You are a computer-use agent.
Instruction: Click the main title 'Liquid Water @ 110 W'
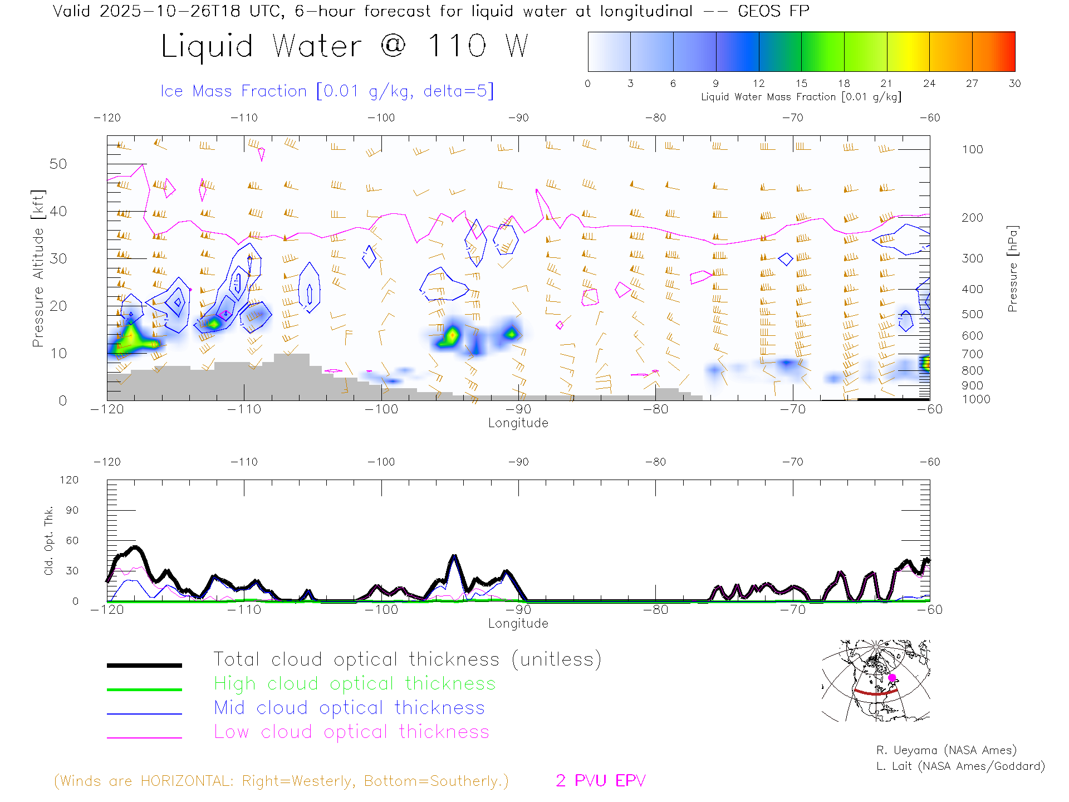pos(344,46)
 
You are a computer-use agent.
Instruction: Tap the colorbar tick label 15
pos(801,84)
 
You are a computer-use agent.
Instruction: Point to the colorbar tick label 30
pos(1014,84)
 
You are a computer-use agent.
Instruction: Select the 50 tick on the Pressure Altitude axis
pos(58,164)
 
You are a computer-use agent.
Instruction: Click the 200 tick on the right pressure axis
pos(972,218)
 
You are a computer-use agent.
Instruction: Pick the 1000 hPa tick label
pos(976,399)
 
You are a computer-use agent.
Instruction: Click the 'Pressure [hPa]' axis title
pos(1012,268)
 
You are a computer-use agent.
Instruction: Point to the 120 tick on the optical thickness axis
pos(69,480)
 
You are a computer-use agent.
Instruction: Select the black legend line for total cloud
pos(144,665)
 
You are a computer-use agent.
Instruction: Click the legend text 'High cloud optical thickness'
pos(355,683)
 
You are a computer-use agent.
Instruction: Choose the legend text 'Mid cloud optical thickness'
pos(349,708)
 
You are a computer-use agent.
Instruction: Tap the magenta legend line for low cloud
pos(144,737)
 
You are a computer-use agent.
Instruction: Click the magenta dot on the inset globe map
pos(892,678)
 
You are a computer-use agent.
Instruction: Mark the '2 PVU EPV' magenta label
pos(600,781)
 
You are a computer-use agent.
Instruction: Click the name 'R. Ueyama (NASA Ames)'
pos(946,750)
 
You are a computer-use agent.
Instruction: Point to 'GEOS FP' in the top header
pos(773,11)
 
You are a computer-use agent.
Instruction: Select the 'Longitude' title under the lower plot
pos(518,623)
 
